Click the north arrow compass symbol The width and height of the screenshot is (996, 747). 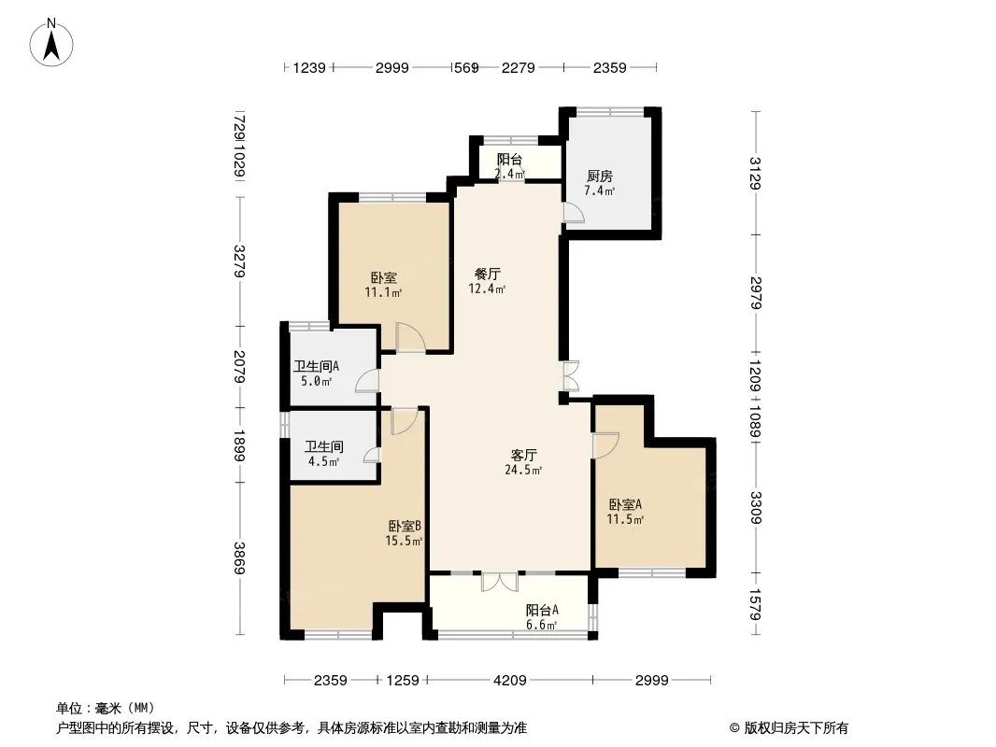tap(51, 42)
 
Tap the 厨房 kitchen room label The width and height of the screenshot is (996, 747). tap(600, 183)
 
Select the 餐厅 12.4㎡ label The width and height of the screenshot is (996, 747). tap(487, 281)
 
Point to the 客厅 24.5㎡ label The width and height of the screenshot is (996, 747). tap(523, 462)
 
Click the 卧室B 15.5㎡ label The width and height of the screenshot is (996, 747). tap(405, 533)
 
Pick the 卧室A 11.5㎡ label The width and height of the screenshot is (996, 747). tap(626, 512)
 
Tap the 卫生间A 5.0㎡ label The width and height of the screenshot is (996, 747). tap(317, 373)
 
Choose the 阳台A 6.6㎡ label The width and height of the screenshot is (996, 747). tap(542, 617)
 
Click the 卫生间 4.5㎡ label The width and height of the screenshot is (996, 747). tap(324, 454)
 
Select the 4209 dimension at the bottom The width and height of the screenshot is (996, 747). tap(510, 681)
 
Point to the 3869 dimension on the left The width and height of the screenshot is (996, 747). tap(239, 557)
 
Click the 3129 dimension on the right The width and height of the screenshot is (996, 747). tap(755, 173)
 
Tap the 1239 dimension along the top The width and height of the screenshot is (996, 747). tap(309, 67)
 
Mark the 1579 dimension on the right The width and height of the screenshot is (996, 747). tap(755, 604)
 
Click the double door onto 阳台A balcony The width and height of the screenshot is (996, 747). tap(500, 582)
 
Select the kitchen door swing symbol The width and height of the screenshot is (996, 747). tap(573, 212)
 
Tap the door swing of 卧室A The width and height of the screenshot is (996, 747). tap(605, 444)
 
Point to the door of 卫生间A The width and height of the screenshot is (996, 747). tap(368, 381)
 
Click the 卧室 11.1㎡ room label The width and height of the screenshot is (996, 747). tap(384, 285)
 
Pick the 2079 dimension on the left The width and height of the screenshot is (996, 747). tap(239, 367)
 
